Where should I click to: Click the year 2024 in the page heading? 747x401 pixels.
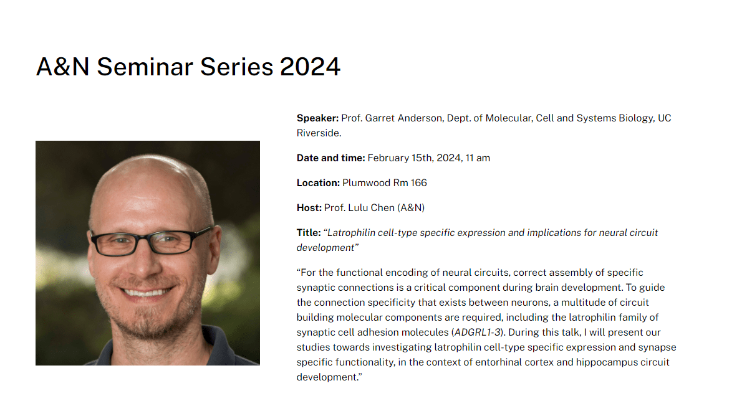click(x=310, y=67)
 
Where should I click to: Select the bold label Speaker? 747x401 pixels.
click(x=317, y=118)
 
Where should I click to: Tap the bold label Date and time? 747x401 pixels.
click(x=330, y=158)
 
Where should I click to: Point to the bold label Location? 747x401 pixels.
click(x=318, y=183)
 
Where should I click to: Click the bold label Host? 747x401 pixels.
click(x=309, y=208)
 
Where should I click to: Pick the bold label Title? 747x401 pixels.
click(x=308, y=233)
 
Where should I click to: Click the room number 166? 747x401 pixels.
click(x=418, y=183)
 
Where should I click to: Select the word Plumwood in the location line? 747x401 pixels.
click(x=366, y=183)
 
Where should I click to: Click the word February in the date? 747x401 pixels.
click(x=388, y=158)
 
